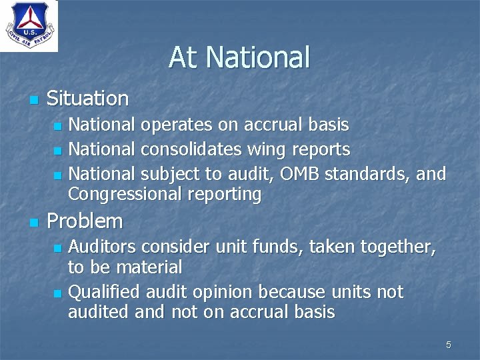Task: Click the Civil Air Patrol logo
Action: (x=29, y=26)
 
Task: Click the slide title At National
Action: (x=239, y=57)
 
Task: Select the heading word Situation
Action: (x=87, y=99)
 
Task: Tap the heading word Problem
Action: (x=85, y=221)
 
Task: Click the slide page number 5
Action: (x=448, y=345)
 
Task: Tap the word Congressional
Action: (x=121, y=195)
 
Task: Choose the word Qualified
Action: (x=103, y=292)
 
